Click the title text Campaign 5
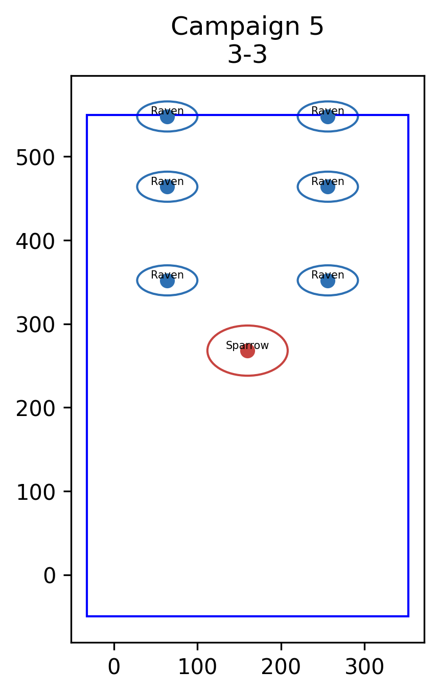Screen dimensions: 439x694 tap(247, 27)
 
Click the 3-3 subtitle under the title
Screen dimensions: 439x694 tap(247, 55)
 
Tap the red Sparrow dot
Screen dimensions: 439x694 tap(247, 351)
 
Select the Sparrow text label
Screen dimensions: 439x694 tap(247, 345)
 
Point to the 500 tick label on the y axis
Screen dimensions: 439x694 tap(35, 158)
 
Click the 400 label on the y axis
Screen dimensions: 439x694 tap(35, 241)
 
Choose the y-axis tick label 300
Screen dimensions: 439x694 tap(35, 325)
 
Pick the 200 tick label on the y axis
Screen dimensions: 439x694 tap(35, 409)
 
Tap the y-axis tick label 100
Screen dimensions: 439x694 tap(35, 492)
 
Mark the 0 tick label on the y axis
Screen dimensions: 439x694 tap(49, 576)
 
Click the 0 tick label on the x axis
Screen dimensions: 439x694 tap(114, 666)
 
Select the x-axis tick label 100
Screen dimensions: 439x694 tap(197, 666)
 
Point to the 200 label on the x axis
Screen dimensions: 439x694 tap(281, 666)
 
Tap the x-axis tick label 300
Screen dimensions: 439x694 tap(365, 666)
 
